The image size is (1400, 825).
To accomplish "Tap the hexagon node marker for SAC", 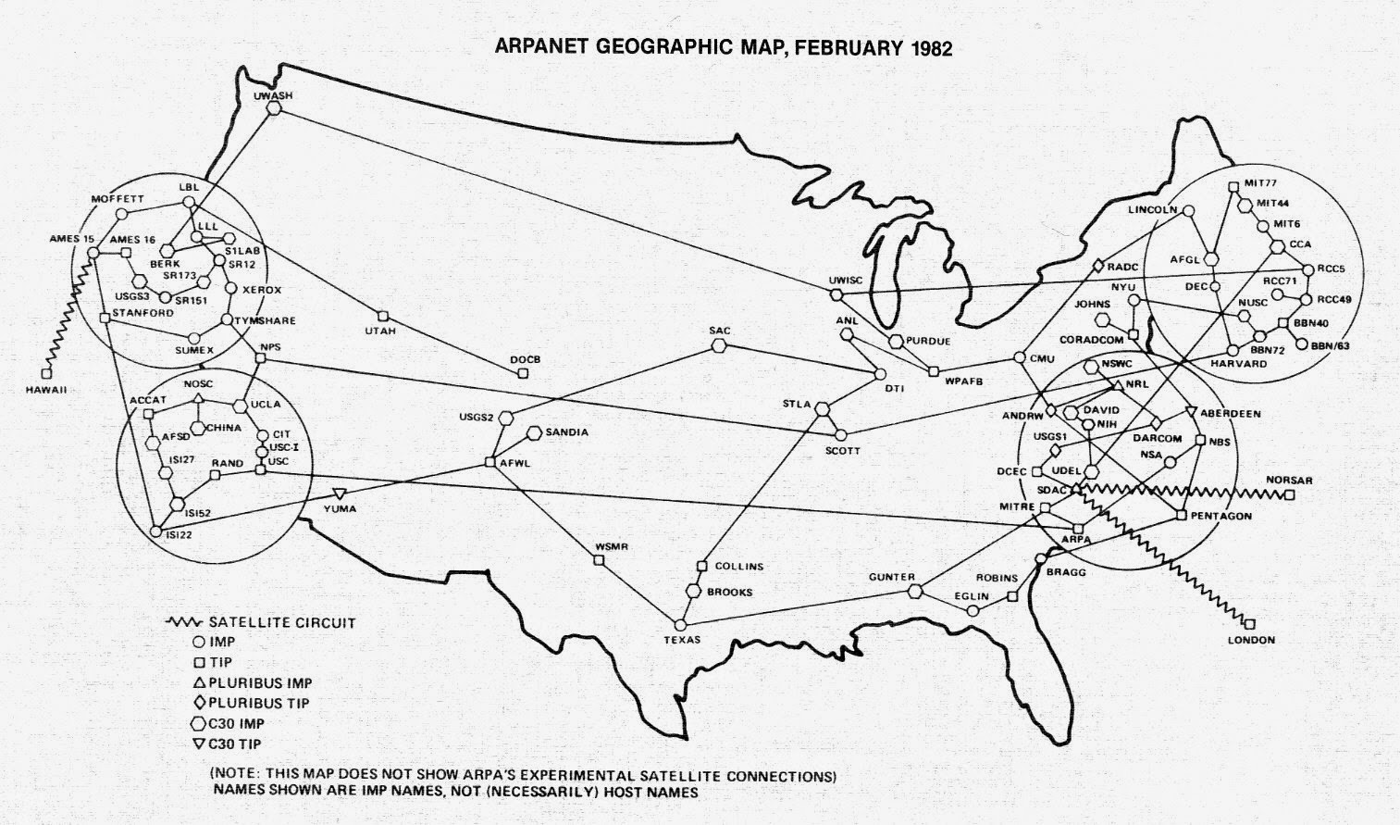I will tap(719, 346).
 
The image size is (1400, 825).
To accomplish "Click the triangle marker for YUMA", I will tap(339, 494).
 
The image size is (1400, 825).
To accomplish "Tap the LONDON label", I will tap(1251, 640).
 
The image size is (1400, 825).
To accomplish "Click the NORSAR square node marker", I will tap(1289, 495).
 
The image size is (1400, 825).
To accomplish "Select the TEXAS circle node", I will tap(682, 624).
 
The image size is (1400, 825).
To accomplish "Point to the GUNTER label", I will tap(892, 577).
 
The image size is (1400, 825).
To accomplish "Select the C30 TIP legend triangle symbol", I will tap(198, 744).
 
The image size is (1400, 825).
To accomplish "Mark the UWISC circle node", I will tap(836, 295).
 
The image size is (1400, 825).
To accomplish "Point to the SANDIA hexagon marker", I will tap(535, 432).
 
